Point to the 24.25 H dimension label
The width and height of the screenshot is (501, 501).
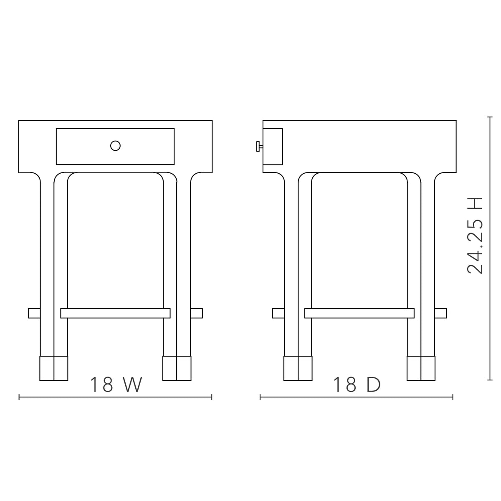click(475, 235)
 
